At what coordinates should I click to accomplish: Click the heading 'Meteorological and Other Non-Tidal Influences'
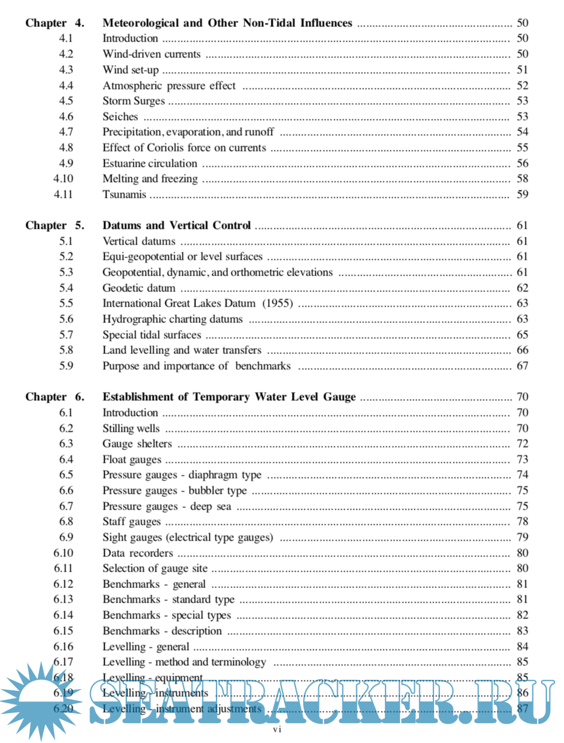227,23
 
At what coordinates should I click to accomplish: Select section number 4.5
66,101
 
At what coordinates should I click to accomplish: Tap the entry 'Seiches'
120,116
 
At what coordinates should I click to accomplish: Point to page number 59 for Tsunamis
522,194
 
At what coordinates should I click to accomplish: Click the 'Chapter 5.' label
54,225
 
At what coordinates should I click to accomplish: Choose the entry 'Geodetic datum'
139,288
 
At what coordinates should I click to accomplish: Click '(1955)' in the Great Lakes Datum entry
277,303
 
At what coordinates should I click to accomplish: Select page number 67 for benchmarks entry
522,366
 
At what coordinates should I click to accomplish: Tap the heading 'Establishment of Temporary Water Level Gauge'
229,397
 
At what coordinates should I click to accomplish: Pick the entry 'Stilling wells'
131,428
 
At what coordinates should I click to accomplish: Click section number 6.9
66,537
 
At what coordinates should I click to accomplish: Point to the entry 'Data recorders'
137,553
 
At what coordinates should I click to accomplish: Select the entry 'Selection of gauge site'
155,568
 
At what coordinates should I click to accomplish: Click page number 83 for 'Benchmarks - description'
522,631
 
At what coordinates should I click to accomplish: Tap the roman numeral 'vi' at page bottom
277,730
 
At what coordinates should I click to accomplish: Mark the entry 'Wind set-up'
130,70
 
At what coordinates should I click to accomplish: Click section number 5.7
66,335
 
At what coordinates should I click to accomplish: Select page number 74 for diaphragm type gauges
522,474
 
